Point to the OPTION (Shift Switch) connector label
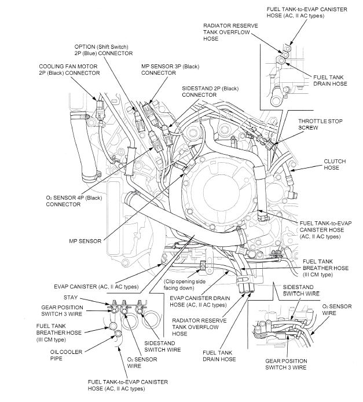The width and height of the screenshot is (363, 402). click(101, 49)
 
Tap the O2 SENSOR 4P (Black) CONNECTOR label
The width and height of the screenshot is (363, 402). click(71, 200)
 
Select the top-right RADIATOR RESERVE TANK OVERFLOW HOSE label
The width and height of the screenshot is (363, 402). click(230, 32)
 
